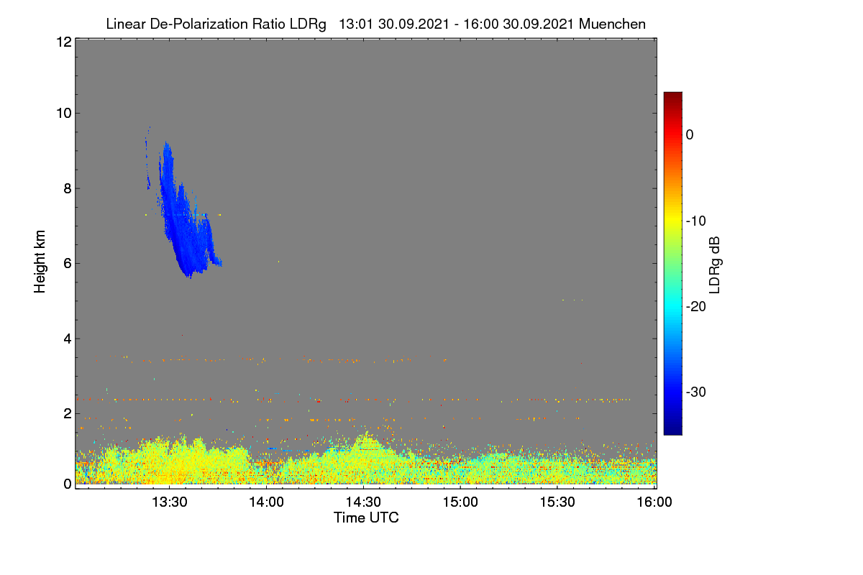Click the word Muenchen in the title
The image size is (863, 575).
coord(612,24)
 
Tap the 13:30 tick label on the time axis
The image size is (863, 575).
coord(170,502)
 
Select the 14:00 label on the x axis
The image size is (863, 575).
coord(266,502)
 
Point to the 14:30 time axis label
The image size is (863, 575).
coord(363,502)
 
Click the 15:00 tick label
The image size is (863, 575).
coord(460,502)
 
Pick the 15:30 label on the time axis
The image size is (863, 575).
coord(557,502)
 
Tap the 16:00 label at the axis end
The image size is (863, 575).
coord(654,502)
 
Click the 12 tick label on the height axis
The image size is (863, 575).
coord(64,42)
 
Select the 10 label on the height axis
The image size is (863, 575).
coord(64,114)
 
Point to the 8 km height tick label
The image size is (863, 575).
coord(68,188)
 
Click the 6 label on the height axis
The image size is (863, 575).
coord(68,264)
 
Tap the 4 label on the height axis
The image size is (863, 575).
coord(68,339)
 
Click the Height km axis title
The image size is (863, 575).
coord(40,262)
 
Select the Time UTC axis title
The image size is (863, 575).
coord(366,517)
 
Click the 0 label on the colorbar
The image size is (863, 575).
coord(690,135)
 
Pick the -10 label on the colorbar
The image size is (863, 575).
coord(696,221)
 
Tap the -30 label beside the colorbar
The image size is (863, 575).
coord(696,392)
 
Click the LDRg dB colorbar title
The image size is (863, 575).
coord(715,265)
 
